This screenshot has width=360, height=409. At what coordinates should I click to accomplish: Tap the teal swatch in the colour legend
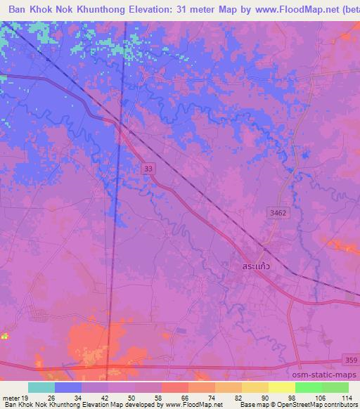coord(41,387)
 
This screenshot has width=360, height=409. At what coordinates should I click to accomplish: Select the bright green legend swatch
coord(308,387)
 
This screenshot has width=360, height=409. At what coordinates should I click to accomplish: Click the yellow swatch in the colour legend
coord(255,387)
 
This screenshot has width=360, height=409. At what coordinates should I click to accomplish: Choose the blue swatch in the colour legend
coord(68,387)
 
